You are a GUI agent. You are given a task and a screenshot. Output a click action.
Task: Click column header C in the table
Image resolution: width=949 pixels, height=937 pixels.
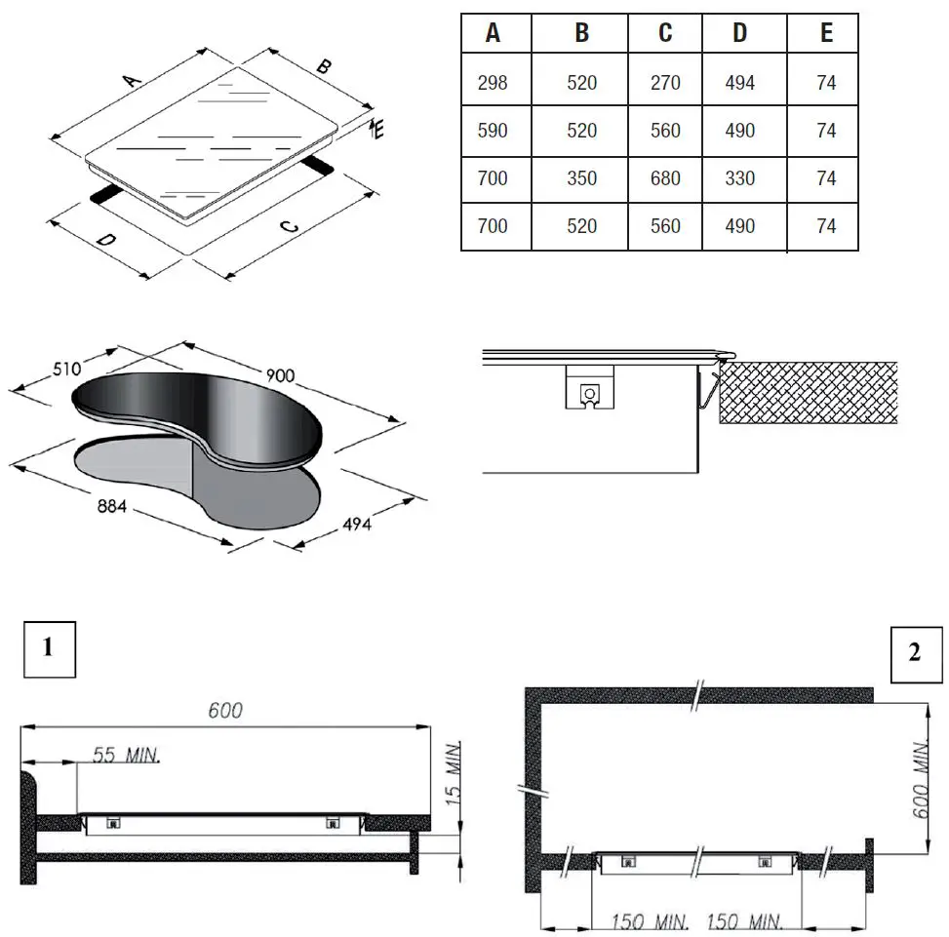click(x=664, y=33)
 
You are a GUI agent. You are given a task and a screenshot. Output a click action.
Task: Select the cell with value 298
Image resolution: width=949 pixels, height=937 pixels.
click(x=494, y=83)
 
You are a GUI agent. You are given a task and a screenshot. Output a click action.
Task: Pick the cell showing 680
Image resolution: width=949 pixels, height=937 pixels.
click(x=664, y=178)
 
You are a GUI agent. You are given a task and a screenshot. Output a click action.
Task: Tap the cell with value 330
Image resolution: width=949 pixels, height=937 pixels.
click(x=740, y=178)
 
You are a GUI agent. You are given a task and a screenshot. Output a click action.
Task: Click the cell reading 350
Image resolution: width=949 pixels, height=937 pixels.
click(x=581, y=178)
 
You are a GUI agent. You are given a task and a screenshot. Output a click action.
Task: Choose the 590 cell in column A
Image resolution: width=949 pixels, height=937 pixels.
click(x=494, y=131)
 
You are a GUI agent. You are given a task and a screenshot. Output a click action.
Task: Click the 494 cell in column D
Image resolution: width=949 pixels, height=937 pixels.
click(x=740, y=83)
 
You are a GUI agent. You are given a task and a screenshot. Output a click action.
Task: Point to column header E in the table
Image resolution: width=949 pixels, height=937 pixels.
click(x=826, y=33)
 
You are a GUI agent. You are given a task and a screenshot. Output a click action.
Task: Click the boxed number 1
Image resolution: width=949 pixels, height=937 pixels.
click(x=49, y=646)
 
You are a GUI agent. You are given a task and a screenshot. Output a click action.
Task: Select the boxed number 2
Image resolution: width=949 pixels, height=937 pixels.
click(x=914, y=653)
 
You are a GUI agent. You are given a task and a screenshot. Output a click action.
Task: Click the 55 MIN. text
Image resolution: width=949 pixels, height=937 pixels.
click(x=127, y=755)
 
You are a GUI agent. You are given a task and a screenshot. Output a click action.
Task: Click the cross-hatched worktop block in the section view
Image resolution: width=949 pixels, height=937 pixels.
click(x=808, y=392)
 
